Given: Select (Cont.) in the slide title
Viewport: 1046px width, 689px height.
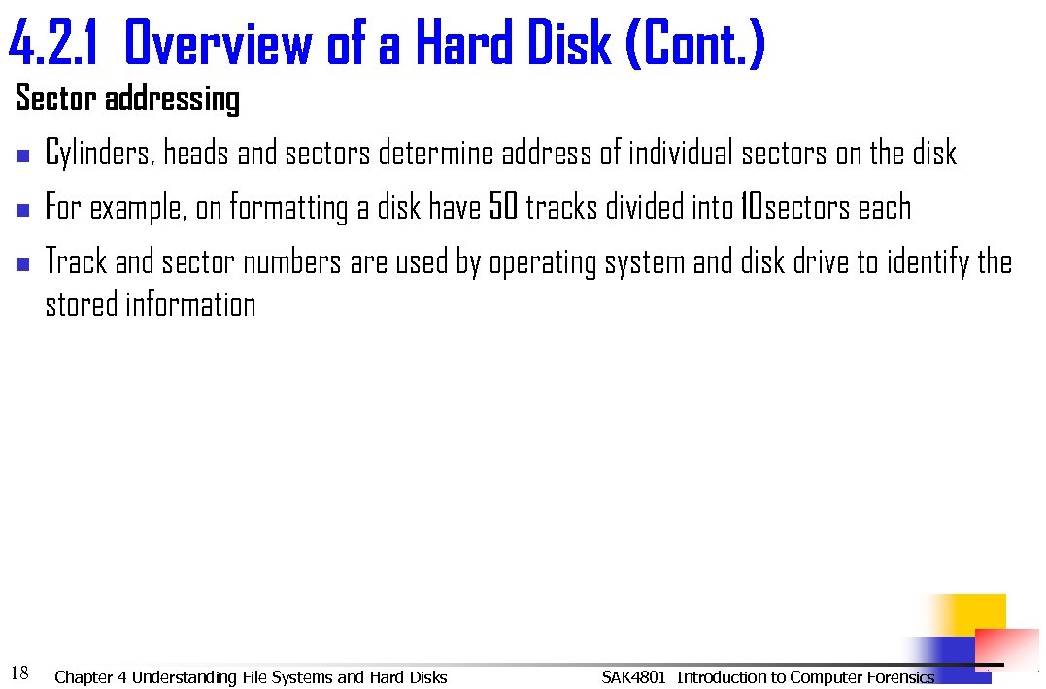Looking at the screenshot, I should pyautogui.click(x=696, y=45).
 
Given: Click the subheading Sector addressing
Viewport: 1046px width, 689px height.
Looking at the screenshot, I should pyautogui.click(x=127, y=99).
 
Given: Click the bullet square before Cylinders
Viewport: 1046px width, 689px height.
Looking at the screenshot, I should pyautogui.click(x=24, y=155).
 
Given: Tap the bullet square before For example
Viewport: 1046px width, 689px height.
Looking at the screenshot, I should pyautogui.click(x=24, y=209).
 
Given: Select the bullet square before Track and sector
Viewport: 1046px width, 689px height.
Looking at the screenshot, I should pyautogui.click(x=24, y=263).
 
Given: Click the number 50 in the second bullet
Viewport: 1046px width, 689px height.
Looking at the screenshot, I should pyautogui.click(x=503, y=208).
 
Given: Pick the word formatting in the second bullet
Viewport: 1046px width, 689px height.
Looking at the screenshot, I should pyautogui.click(x=288, y=209).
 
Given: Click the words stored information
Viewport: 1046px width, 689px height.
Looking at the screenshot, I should pyautogui.click(x=151, y=305).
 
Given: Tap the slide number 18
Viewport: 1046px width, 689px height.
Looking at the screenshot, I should pyautogui.click(x=18, y=673).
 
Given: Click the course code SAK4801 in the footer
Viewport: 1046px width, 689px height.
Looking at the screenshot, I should pyautogui.click(x=633, y=677).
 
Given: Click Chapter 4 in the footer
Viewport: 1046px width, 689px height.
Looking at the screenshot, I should pyautogui.click(x=91, y=677).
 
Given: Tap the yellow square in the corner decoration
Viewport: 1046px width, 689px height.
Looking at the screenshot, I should pyautogui.click(x=975, y=614).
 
